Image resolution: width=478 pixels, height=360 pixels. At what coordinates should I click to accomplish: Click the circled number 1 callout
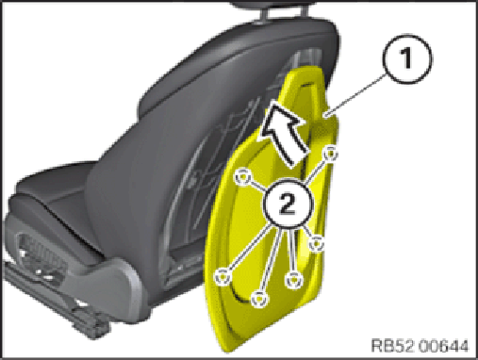tap(407, 58)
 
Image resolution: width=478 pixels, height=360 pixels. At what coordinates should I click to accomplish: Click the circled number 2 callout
tap(287, 203)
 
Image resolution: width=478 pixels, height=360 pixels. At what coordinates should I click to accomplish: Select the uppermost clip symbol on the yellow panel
tap(330, 154)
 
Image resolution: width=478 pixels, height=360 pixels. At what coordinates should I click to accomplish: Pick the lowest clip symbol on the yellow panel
tap(259, 299)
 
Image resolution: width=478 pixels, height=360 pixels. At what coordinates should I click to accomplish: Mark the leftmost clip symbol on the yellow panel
tap(223, 277)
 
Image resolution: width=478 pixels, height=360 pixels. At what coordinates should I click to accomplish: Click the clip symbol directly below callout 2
tap(294, 280)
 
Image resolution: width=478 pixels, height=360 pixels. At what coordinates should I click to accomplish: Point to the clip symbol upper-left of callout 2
tap(243, 177)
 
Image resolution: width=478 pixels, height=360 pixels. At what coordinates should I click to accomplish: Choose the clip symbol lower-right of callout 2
tap(316, 243)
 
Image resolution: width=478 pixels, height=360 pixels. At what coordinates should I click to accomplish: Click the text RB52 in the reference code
tap(393, 346)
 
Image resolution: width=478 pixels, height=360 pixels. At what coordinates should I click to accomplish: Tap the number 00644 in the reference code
tap(443, 346)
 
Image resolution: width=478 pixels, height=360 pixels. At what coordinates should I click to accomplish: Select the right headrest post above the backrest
tap(304, 9)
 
